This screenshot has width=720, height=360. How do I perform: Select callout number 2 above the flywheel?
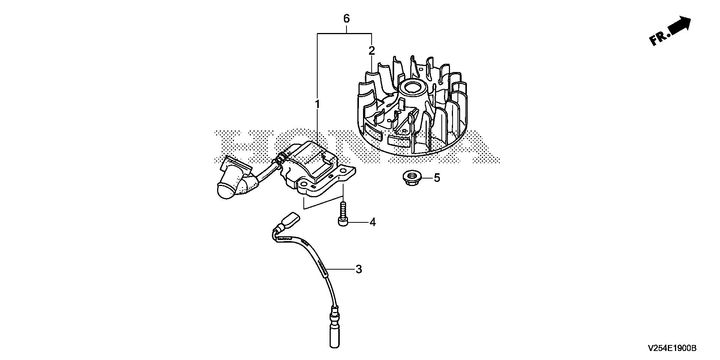coord(371,50)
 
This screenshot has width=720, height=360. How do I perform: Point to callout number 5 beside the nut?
coord(437,177)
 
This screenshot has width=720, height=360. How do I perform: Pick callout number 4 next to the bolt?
coord(372,222)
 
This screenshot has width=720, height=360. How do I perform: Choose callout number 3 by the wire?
coord(359,269)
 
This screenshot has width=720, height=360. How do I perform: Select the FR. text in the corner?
coord(660,38)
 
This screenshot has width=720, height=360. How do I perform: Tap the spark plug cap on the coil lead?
coord(229,187)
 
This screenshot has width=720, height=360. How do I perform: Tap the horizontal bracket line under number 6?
coord(345,34)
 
